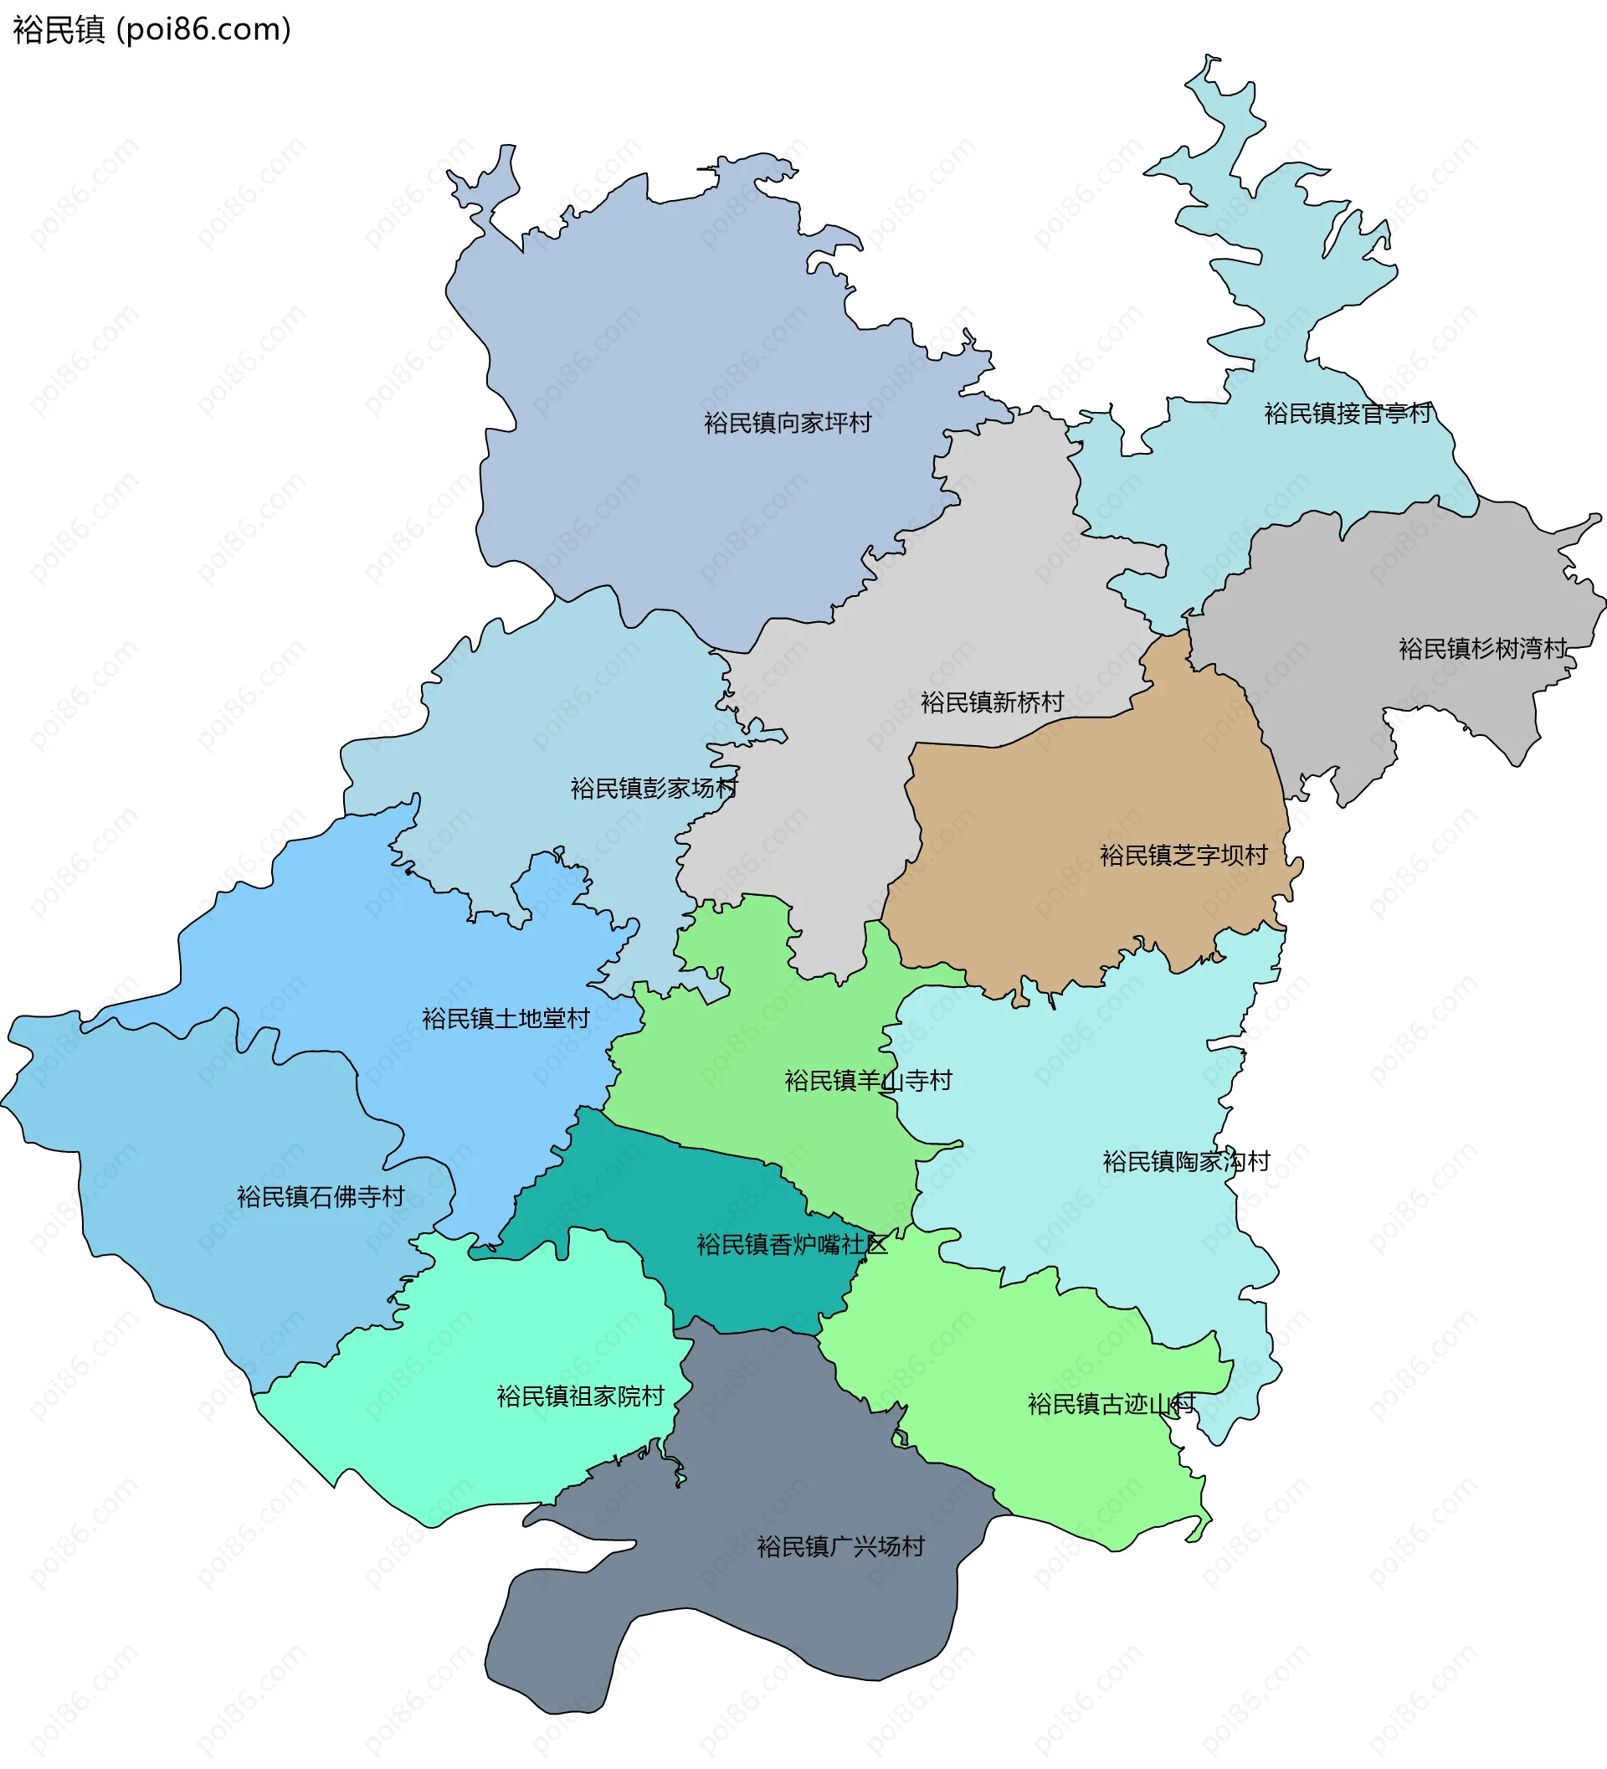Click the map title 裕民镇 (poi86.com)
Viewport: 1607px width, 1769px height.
pyautogui.click(x=151, y=30)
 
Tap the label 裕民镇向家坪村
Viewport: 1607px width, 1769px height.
pyautogui.click(x=787, y=423)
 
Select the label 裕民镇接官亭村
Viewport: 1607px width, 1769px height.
pyautogui.click(x=1348, y=414)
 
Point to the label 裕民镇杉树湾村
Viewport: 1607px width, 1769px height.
pyautogui.click(x=1481, y=649)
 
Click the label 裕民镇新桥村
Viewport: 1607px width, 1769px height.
pyautogui.click(x=991, y=702)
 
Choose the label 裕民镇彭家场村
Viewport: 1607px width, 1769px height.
pyautogui.click(x=654, y=788)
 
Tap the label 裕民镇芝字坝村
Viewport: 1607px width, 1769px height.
pyautogui.click(x=1183, y=855)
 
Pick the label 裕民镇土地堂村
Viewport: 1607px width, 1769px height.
pyautogui.click(x=506, y=1018)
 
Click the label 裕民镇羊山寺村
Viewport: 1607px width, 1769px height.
pyautogui.click(x=868, y=1080)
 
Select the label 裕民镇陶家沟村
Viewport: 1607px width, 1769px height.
pyautogui.click(x=1186, y=1162)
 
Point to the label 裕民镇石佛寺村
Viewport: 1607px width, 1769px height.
pyautogui.click(x=321, y=1197)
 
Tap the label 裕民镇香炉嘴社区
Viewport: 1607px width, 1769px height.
pyautogui.click(x=791, y=1244)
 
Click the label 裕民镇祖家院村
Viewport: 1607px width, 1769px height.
pyautogui.click(x=580, y=1396)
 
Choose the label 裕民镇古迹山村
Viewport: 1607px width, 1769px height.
pyautogui.click(x=1111, y=1404)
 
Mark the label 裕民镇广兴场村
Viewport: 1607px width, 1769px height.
pyautogui.click(x=840, y=1546)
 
